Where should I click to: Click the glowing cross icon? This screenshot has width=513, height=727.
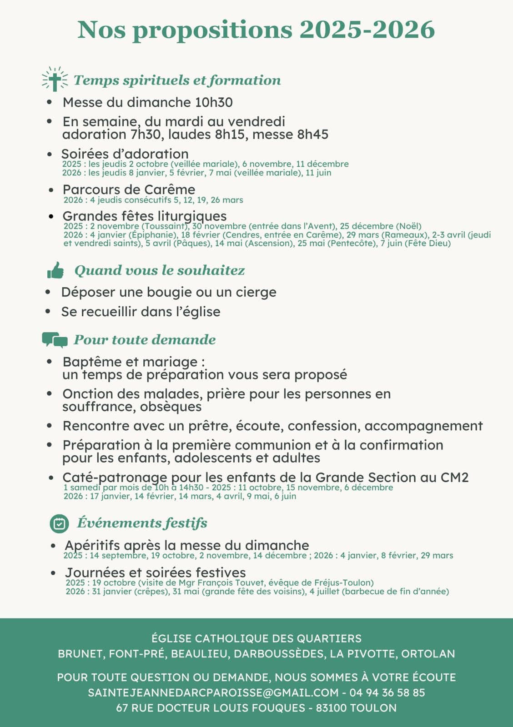click(55, 80)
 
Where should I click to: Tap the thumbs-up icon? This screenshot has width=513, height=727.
click(55, 270)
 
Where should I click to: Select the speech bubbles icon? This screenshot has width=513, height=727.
click(55, 339)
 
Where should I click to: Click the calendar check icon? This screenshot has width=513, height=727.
click(59, 523)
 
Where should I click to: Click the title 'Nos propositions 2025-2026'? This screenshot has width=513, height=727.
click(256, 30)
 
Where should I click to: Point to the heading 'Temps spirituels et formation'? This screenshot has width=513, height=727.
click(177, 80)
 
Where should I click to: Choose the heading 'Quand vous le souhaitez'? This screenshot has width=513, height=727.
click(160, 270)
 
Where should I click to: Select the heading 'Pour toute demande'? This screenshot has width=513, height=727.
click(145, 339)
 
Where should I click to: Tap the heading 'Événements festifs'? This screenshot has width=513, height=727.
click(142, 523)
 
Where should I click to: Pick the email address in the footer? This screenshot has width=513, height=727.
click(213, 692)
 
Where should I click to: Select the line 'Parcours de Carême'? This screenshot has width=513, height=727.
click(129, 189)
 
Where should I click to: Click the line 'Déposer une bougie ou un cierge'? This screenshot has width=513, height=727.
click(169, 292)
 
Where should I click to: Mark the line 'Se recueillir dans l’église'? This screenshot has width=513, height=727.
click(141, 312)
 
